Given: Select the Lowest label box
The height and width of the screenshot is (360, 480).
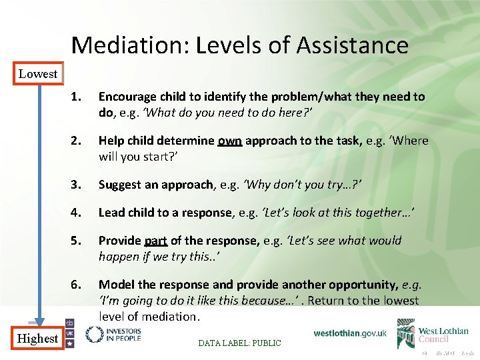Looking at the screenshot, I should pyautogui.click(x=38, y=74).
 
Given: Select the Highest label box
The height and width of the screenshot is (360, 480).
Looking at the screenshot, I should pyautogui.click(x=38, y=339).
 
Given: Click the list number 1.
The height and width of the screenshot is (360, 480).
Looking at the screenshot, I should pyautogui.click(x=76, y=97).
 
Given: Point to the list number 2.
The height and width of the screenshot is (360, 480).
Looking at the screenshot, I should pyautogui.click(x=76, y=141).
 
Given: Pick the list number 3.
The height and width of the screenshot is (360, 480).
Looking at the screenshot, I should pyautogui.click(x=76, y=184).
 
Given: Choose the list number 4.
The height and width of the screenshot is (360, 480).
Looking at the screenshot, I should pyautogui.click(x=76, y=213).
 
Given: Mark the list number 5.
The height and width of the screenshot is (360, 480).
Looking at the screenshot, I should pyautogui.click(x=76, y=241).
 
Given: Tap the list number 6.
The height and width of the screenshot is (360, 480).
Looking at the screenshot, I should pyautogui.click(x=76, y=285).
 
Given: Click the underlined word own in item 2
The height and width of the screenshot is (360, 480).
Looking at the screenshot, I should pyautogui.click(x=230, y=141).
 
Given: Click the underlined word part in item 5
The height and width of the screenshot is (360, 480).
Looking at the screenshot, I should pyautogui.click(x=154, y=241).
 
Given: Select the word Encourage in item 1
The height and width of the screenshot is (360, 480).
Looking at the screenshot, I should pyautogui.click(x=127, y=97).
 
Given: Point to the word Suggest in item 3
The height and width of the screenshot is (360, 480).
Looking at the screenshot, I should pyautogui.click(x=120, y=184).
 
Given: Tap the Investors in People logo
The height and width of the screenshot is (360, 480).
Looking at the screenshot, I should pyautogui.click(x=113, y=334).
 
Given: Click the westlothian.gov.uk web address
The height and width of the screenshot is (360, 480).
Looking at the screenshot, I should pyautogui.click(x=349, y=333).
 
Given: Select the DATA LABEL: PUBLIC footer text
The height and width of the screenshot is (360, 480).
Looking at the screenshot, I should pyautogui.click(x=240, y=343).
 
